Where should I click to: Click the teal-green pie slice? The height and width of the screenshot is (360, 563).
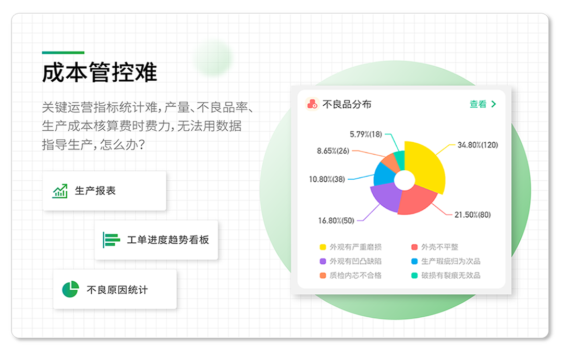400,159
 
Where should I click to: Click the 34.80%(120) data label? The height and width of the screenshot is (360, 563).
478,145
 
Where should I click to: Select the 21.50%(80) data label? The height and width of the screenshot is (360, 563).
472,215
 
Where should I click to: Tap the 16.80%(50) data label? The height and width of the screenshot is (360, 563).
336,220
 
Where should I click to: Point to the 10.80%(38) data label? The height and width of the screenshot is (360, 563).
327,179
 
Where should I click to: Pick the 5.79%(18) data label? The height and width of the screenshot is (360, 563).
366,134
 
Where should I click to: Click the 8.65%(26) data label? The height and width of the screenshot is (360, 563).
333,151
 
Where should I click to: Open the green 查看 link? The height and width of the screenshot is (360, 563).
483,104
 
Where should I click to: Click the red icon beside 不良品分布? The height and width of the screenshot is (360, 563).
312,104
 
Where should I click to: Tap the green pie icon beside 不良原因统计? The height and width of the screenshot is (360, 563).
70,289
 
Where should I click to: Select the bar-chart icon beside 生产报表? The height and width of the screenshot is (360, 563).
60,191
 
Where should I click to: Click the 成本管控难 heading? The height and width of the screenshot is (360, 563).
100,72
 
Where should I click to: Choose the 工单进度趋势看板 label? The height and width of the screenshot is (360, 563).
168,240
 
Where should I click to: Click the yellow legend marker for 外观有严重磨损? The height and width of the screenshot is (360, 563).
323,247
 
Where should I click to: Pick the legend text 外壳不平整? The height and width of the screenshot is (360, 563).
439,247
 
